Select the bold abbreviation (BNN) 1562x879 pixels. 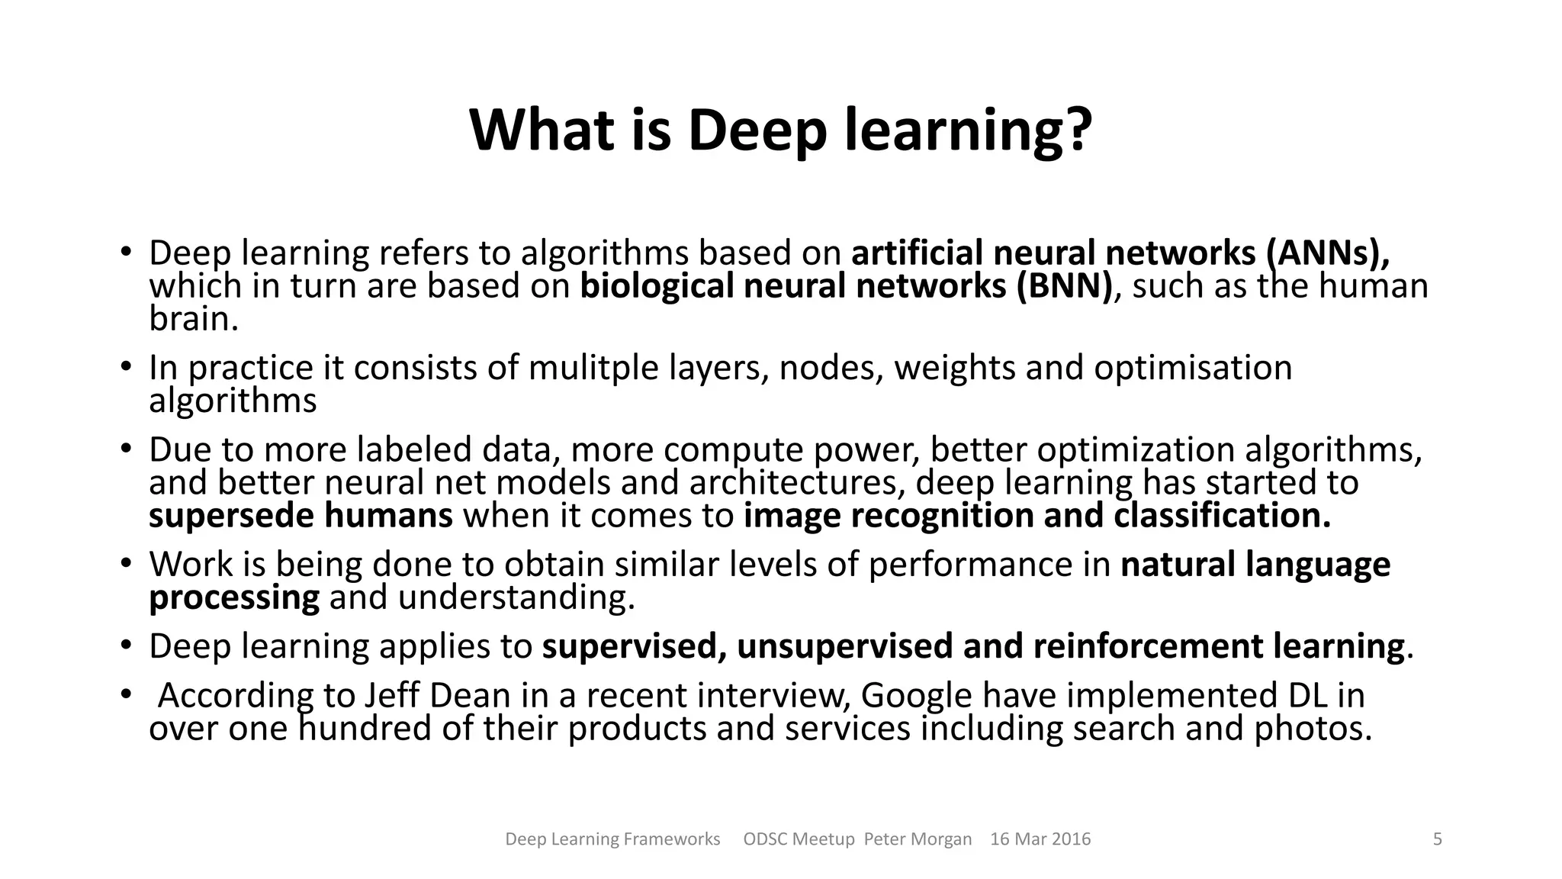pyautogui.click(x=1064, y=286)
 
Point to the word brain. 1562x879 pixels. pyautogui.click(x=194, y=319)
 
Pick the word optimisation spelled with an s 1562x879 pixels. pyautogui.click(x=1193, y=368)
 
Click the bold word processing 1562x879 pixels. pyautogui.click(x=234, y=597)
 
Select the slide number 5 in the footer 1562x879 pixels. pyautogui.click(x=1438, y=839)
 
